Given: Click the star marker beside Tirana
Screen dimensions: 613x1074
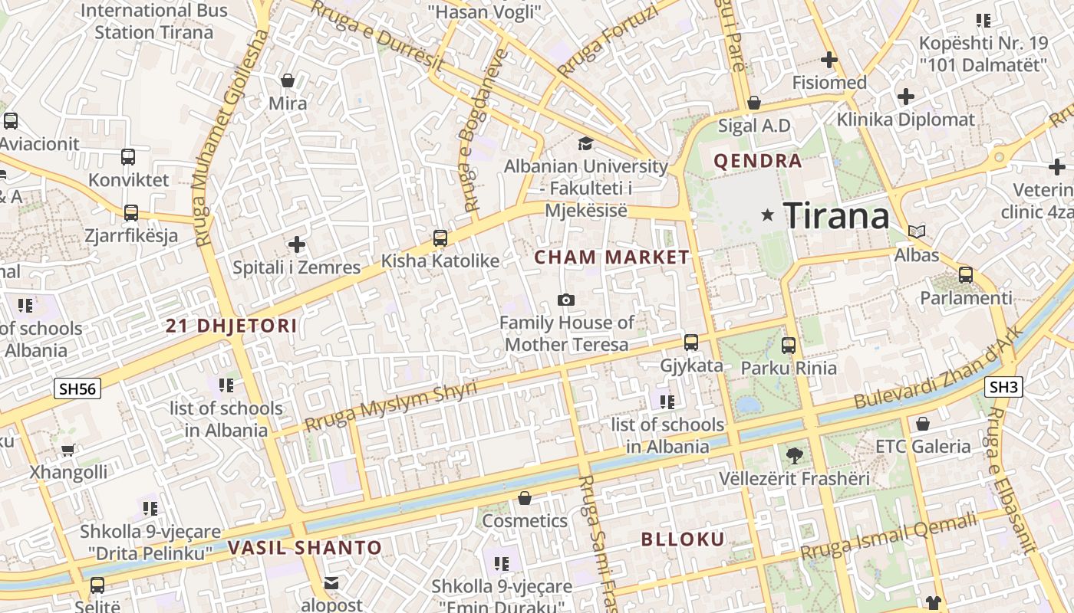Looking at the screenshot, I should click(767, 215).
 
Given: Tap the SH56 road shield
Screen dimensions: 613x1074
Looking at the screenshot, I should click(78, 388).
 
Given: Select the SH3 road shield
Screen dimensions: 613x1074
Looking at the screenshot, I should click(1003, 387).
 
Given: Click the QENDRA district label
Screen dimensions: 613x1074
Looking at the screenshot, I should click(758, 161).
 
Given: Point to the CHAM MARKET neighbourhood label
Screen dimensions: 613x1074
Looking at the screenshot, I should click(612, 257).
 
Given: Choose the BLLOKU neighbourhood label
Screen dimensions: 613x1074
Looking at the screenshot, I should click(683, 539).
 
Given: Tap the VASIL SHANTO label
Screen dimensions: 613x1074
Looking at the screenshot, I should click(305, 548).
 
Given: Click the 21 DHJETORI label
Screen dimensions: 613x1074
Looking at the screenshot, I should click(232, 326).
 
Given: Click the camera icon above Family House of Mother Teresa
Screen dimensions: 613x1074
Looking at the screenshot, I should click(566, 300).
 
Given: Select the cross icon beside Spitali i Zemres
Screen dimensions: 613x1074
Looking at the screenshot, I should click(297, 244).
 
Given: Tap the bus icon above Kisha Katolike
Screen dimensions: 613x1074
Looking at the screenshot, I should click(440, 238).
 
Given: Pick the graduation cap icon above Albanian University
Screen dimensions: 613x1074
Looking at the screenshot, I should click(585, 143).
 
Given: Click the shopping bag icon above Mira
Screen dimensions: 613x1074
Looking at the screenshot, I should click(288, 80).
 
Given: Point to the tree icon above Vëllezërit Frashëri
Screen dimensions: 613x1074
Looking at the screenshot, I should click(795, 455).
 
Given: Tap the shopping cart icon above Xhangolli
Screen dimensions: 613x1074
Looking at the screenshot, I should click(68, 450).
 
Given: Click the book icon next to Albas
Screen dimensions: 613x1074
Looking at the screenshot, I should click(917, 231).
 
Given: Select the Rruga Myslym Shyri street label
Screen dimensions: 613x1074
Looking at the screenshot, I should click(390, 406).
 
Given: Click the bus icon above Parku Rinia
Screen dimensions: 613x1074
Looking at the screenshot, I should click(789, 345).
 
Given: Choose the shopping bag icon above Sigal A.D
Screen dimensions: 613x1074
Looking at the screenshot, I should click(754, 103).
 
